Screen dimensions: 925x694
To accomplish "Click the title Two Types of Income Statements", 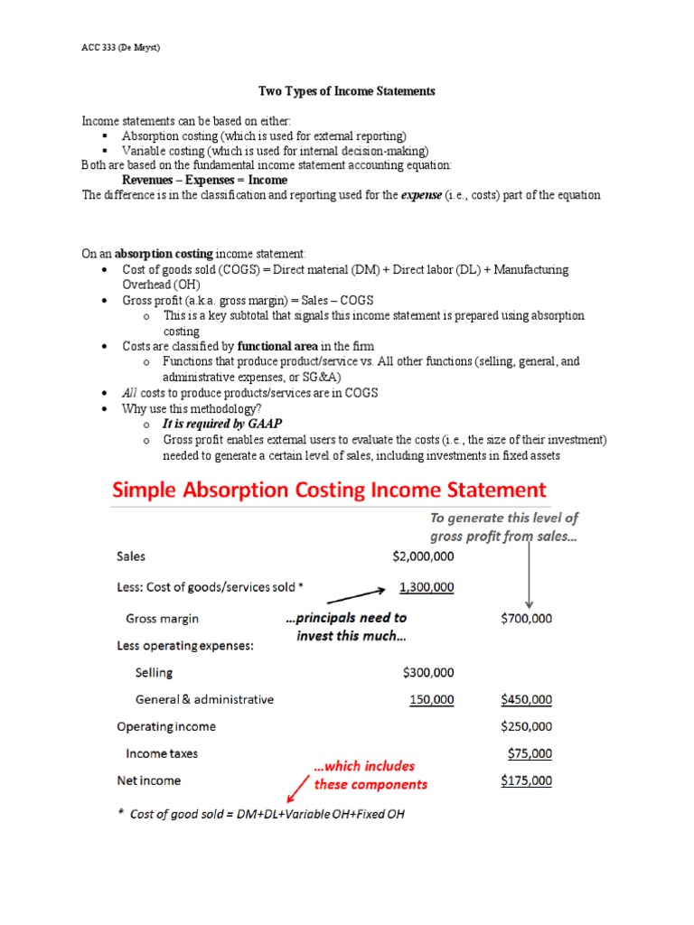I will (x=347, y=91).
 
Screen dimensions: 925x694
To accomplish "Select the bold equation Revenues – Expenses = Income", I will (x=204, y=180).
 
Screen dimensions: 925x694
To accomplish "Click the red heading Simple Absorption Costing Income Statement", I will (x=329, y=491).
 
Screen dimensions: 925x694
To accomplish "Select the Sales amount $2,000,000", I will (x=423, y=557).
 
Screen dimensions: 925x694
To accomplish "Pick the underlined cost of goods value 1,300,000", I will (x=427, y=587).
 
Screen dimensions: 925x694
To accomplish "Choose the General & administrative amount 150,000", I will (x=431, y=699).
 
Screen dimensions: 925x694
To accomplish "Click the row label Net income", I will (x=148, y=780).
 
